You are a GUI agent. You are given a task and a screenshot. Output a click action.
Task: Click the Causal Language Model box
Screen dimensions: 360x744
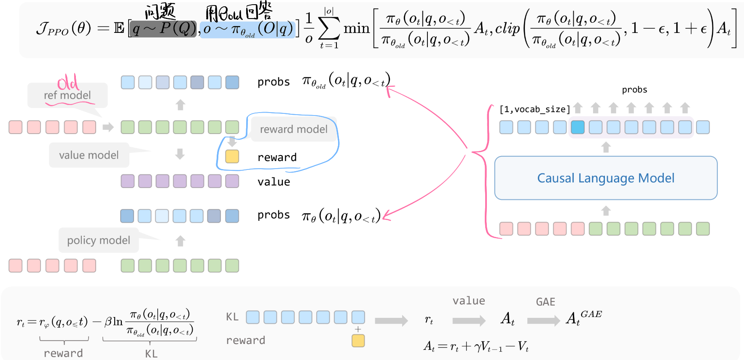click(605, 178)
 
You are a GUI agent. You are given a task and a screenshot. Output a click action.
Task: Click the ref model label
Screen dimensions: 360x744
click(67, 95)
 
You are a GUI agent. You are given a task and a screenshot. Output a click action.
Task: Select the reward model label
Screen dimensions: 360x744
click(293, 129)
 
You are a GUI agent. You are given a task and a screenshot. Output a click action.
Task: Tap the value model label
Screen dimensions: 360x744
click(89, 155)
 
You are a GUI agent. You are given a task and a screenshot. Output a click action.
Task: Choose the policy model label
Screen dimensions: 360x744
click(99, 240)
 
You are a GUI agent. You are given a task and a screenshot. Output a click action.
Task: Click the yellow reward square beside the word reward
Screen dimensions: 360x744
click(232, 156)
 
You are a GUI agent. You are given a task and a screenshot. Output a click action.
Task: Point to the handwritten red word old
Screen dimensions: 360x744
click(67, 82)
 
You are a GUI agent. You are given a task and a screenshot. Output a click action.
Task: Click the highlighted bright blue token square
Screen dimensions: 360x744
click(577, 127)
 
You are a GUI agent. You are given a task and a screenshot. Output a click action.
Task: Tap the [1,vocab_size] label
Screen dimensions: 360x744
click(534, 109)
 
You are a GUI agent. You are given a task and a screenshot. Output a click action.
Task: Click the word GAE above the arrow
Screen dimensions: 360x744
click(545, 302)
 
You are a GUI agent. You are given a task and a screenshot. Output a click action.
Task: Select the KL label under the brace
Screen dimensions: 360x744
click(151, 354)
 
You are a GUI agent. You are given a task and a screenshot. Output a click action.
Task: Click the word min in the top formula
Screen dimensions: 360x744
click(356, 28)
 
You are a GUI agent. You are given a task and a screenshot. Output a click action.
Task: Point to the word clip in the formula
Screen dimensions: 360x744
click(508, 28)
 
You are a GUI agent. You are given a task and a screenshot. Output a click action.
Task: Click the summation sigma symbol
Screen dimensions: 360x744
click(329, 29)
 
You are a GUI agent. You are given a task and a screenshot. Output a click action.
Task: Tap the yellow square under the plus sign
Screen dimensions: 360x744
click(358, 341)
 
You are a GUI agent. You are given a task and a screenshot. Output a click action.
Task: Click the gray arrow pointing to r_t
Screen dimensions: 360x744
click(391, 321)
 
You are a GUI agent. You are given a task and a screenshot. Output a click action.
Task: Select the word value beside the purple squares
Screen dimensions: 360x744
click(274, 182)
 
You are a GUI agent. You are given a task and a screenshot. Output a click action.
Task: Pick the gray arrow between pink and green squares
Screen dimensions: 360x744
click(108, 127)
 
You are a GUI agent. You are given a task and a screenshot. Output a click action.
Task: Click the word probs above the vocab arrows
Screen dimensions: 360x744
click(634, 89)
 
